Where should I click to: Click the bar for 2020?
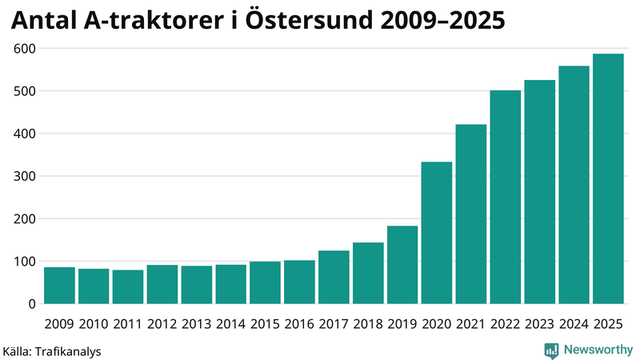437,233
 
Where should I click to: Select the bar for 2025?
608,179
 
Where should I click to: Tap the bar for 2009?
59,286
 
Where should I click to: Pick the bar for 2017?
334,278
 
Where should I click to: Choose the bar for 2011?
128,287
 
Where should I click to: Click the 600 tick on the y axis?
25,49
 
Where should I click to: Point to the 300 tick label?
25,176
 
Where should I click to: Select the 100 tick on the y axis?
25,262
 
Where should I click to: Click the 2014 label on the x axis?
231,323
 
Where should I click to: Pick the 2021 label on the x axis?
471,323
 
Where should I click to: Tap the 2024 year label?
574,323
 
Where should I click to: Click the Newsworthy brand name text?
598,350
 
